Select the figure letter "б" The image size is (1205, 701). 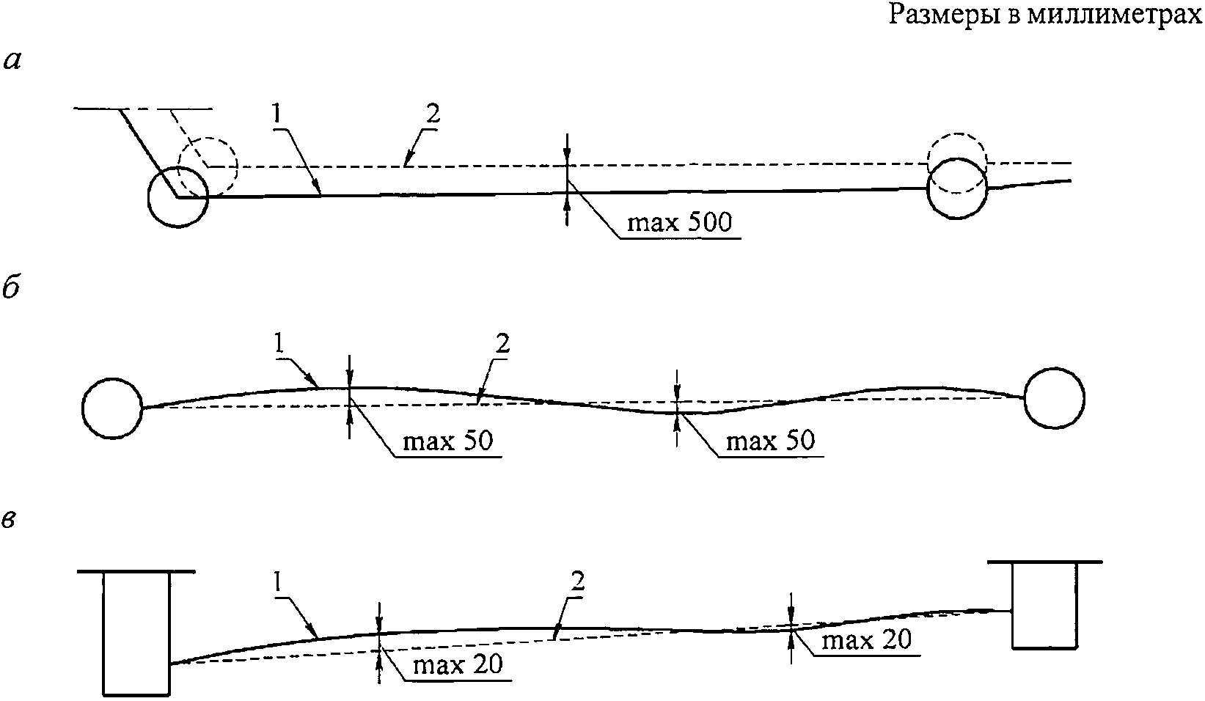point(12,288)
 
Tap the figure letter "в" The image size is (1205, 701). point(12,518)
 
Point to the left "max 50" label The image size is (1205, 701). point(447,441)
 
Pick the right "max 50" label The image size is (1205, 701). point(769,441)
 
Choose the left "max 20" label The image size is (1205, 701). point(458,665)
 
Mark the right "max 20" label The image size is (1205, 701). point(866,639)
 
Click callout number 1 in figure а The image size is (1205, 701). point(276,114)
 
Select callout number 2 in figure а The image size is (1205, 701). point(432,114)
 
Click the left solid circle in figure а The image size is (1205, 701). point(178,197)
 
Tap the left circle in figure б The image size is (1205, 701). point(113,408)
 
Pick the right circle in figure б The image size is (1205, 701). point(1054,398)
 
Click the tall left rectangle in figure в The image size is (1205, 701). point(136,633)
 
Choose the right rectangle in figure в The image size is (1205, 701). point(1044,605)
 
